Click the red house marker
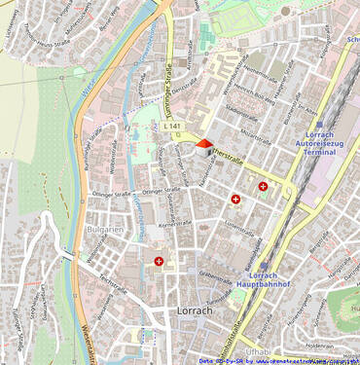click(202, 146)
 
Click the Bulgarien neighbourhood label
click(105, 230)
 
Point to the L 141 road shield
click(173, 127)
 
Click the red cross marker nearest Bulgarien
click(159, 261)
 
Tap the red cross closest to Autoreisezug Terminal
click(263, 186)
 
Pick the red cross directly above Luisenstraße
click(235, 200)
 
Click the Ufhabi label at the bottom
click(258, 349)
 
